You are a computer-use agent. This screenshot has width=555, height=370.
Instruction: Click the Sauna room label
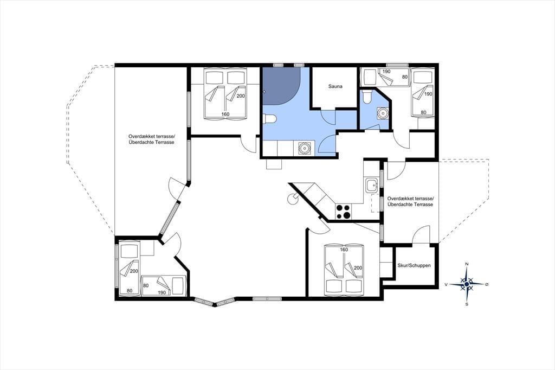click(x=335, y=86)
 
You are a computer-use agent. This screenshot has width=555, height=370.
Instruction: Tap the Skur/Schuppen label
click(x=414, y=265)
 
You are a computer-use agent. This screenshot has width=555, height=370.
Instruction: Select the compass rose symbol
click(x=467, y=284)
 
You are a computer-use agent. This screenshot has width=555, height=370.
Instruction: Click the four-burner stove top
click(x=343, y=212)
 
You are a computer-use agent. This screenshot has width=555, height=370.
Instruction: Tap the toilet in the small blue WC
click(x=367, y=97)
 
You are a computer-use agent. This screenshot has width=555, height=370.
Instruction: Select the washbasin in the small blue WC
click(x=382, y=113)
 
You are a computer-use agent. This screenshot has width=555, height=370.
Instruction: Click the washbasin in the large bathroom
click(x=304, y=149)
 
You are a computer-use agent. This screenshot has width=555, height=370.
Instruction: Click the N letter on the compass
click(x=467, y=264)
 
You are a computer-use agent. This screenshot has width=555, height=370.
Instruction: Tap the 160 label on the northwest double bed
click(x=225, y=114)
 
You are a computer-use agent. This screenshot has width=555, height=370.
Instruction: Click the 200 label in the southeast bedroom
click(x=358, y=268)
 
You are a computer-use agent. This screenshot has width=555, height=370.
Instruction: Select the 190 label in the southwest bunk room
click(x=162, y=292)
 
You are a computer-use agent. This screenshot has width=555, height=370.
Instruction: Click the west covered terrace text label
click(x=152, y=139)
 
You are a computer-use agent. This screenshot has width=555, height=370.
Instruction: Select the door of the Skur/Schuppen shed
click(x=421, y=235)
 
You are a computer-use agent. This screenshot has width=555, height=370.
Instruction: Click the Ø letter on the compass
click(x=487, y=284)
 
